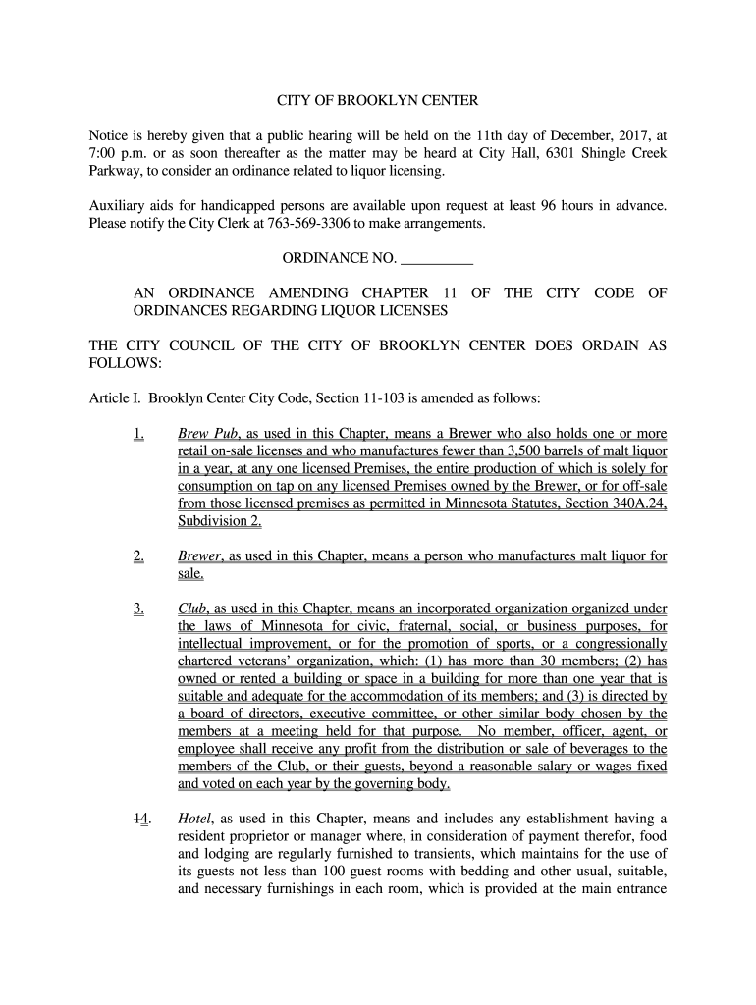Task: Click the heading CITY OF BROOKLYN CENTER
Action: click(x=377, y=101)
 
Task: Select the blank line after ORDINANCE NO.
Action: click(x=437, y=259)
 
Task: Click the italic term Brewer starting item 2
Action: click(x=200, y=556)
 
